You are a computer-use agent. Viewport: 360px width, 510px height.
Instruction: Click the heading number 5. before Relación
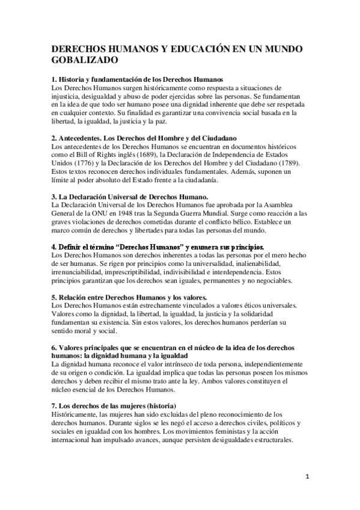(55, 297)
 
